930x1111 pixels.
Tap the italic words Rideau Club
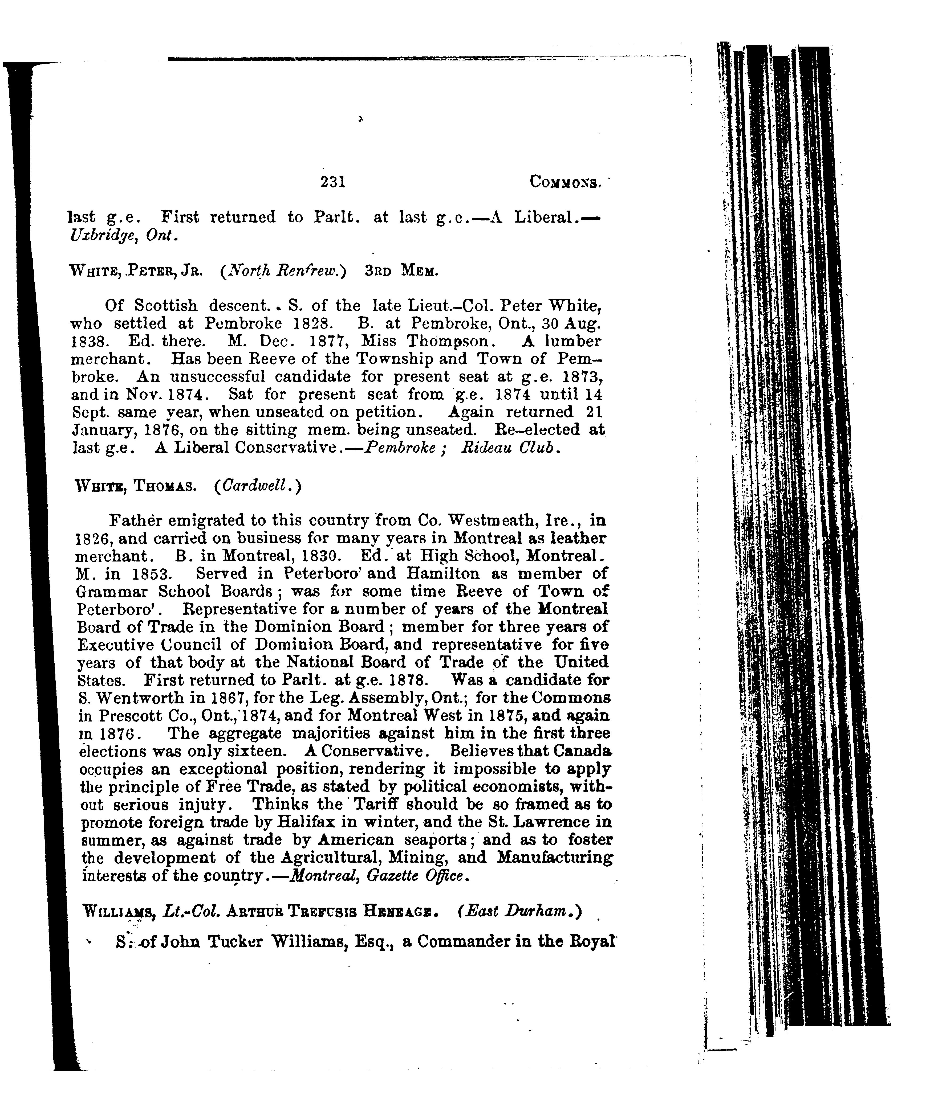tap(508, 448)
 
